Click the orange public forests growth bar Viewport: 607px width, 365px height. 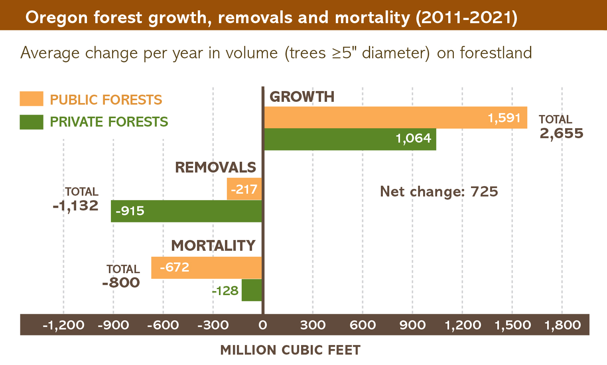[x=395, y=117]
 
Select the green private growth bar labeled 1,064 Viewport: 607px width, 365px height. [x=350, y=139]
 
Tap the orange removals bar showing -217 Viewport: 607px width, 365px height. [x=244, y=189]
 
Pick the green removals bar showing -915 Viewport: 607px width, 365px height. [x=186, y=211]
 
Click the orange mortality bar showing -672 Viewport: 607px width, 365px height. [x=206, y=268]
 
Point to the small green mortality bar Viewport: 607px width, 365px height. [x=252, y=290]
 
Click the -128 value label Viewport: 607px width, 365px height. [x=225, y=291]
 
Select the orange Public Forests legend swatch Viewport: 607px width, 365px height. [x=32, y=99]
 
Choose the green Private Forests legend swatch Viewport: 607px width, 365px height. [x=32, y=122]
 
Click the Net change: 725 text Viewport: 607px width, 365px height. [x=439, y=192]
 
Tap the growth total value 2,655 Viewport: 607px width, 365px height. [x=561, y=133]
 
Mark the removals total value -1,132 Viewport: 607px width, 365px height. [x=76, y=206]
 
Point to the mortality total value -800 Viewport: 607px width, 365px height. [x=121, y=283]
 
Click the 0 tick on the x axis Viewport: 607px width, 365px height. [x=262, y=325]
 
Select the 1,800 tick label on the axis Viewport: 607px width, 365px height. [x=562, y=325]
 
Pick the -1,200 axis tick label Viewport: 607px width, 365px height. [x=63, y=325]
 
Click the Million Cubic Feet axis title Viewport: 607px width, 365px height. [x=290, y=350]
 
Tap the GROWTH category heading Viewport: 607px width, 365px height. [x=302, y=97]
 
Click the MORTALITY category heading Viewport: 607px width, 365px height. [x=213, y=246]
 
